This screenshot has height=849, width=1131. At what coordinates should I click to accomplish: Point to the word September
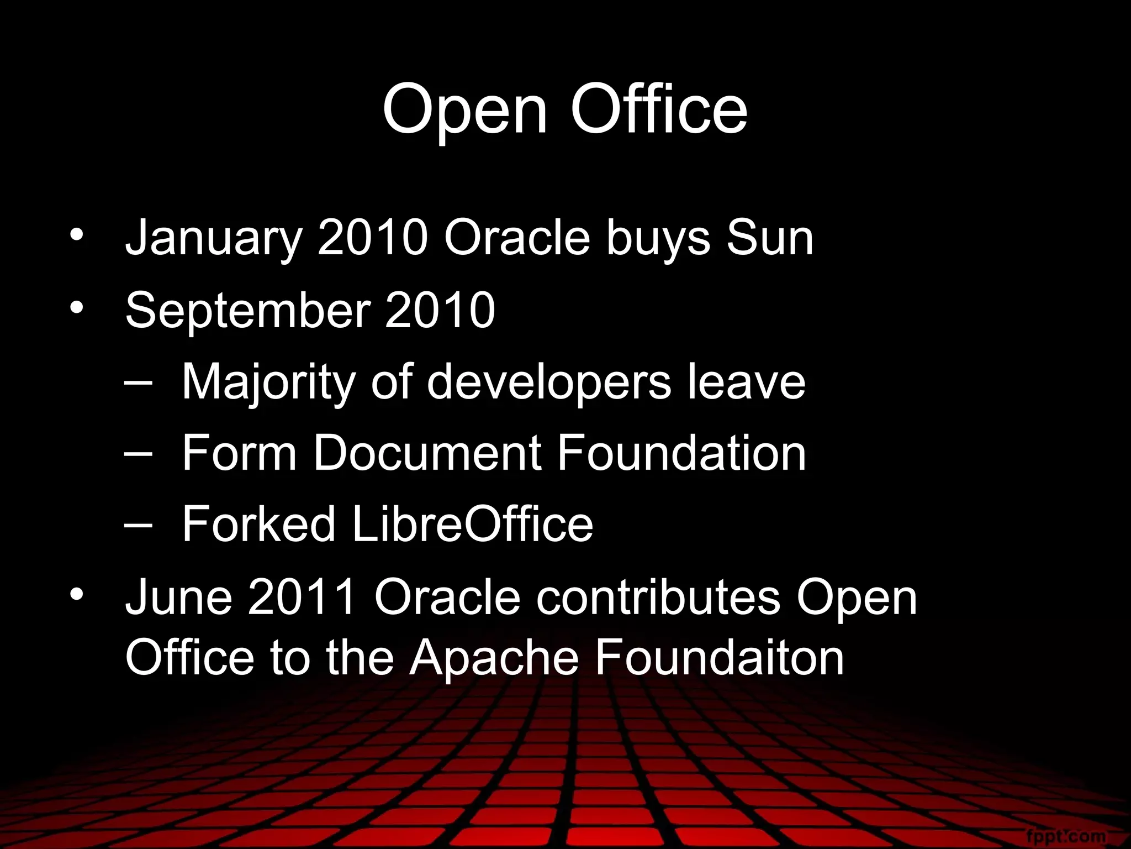pyautogui.click(x=248, y=311)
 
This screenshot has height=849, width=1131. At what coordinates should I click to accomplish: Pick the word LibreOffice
pyautogui.click(x=472, y=524)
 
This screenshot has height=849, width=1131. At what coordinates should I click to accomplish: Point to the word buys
pyautogui.click(x=658, y=239)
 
